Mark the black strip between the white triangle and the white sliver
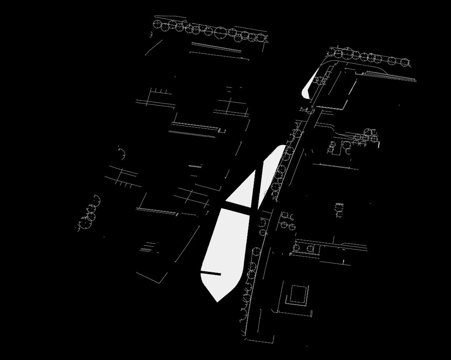tap(259, 181)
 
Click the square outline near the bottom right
tap(298, 294)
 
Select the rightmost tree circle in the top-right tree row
tap(405, 62)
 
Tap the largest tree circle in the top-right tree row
tap(348, 53)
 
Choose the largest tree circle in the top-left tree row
tap(220, 33)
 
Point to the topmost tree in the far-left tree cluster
tap(96, 200)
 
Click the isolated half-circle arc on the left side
tap(122, 153)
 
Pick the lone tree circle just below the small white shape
tap(311, 110)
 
